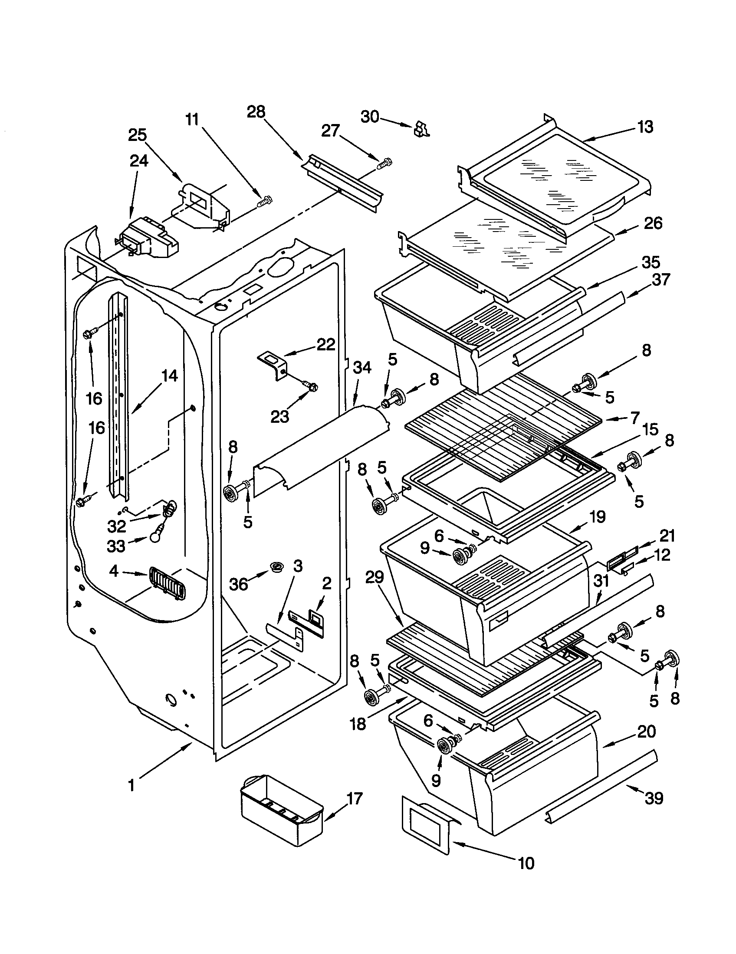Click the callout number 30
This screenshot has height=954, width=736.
tap(369, 117)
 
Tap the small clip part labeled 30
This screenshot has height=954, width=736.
tap(421, 130)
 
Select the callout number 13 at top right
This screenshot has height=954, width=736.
tap(645, 127)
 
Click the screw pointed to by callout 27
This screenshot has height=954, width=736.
tap(385, 164)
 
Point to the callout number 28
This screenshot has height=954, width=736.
tap(256, 112)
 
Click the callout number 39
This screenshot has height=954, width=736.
tap(654, 798)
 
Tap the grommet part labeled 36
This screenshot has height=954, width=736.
tap(276, 568)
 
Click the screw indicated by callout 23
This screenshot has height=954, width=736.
tap(312, 386)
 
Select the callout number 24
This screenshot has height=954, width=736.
tap(138, 161)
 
